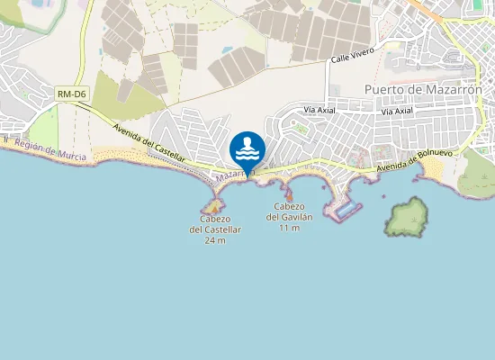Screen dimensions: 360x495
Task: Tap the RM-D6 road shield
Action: tap(70, 94)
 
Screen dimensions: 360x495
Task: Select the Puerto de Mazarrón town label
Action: tap(423, 89)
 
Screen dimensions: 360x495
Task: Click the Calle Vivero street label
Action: tap(353, 57)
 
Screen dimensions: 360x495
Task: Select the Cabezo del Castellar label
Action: tap(215, 224)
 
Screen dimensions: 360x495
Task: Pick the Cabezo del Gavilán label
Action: tap(289, 211)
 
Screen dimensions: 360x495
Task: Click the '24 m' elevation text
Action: tap(215, 240)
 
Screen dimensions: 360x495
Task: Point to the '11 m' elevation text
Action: tap(289, 229)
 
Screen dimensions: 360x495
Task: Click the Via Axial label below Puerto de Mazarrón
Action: tap(396, 112)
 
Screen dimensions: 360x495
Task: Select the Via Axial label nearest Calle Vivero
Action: tap(319, 110)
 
